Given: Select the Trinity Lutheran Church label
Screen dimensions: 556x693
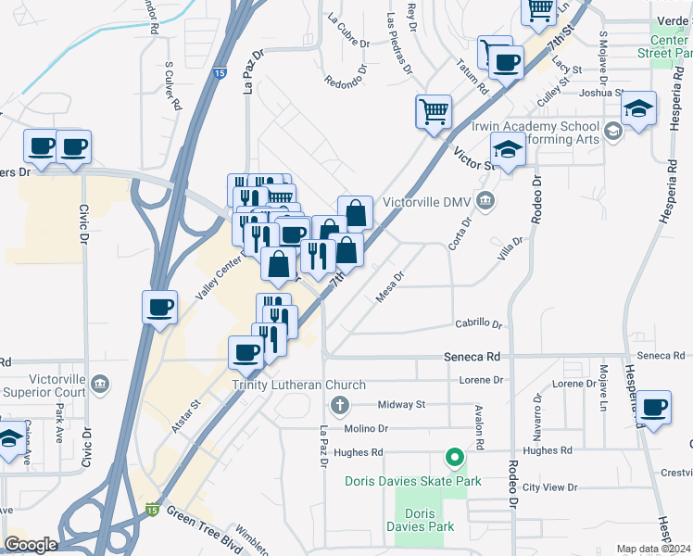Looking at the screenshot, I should click(298, 385).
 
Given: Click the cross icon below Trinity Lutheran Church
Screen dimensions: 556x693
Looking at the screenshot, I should click(340, 405).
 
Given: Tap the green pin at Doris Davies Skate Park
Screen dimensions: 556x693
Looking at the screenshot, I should click(454, 458).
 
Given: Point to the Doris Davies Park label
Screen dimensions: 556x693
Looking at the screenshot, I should click(422, 520).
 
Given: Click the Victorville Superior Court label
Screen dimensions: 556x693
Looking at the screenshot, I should click(44, 385).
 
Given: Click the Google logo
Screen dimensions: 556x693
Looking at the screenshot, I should click(31, 545).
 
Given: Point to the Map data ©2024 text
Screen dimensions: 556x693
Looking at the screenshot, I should click(653, 549).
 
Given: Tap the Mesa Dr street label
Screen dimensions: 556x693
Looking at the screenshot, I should click(391, 287).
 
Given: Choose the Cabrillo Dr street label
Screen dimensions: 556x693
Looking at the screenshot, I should click(478, 324).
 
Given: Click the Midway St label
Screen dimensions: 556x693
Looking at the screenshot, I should click(401, 405).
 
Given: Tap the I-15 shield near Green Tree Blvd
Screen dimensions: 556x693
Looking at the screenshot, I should click(151, 509).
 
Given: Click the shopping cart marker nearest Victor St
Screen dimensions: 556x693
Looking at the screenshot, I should click(433, 112).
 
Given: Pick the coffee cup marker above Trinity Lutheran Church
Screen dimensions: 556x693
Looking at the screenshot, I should click(246, 351).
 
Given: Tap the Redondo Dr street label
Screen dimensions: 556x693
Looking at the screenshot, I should click(346, 82).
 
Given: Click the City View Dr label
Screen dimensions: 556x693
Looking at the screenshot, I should click(549, 487).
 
